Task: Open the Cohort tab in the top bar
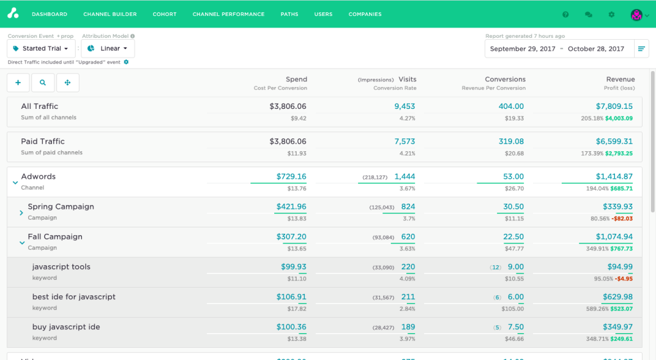[x=165, y=14]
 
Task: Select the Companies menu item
[x=365, y=14]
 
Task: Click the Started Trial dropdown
[x=42, y=49]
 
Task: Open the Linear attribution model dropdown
[x=108, y=49]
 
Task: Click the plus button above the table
[x=18, y=83]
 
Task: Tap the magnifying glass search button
[x=43, y=83]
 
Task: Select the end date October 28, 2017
[x=596, y=49]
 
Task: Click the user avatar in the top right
[x=637, y=14]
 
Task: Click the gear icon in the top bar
[x=611, y=14]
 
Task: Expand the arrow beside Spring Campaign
[x=21, y=213]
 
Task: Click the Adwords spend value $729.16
[x=291, y=176]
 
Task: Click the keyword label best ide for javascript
[x=74, y=297]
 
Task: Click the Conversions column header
[x=505, y=79]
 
